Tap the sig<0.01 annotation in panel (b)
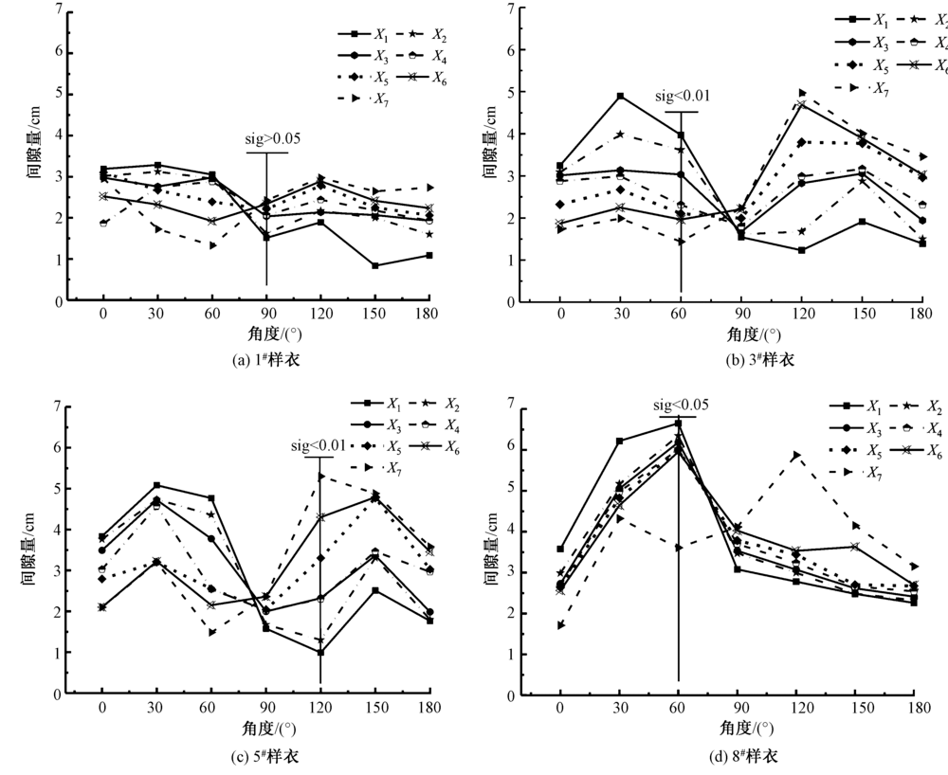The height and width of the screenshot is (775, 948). pyautogui.click(x=681, y=96)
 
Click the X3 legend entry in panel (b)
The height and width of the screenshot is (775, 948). pyautogui.click(x=864, y=43)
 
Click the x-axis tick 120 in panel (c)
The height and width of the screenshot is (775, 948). pyautogui.click(x=320, y=708)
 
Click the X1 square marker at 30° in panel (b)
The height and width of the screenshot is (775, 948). pyautogui.click(x=620, y=96)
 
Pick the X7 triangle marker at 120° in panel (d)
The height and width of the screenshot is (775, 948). pyautogui.click(x=796, y=456)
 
